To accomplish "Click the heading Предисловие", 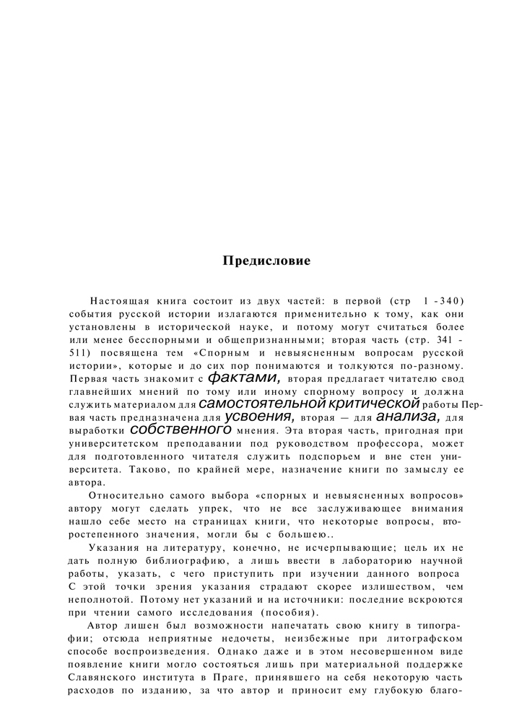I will (266, 261).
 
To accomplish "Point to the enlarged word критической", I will (375, 403).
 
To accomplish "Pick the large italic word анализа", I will (408, 417).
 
